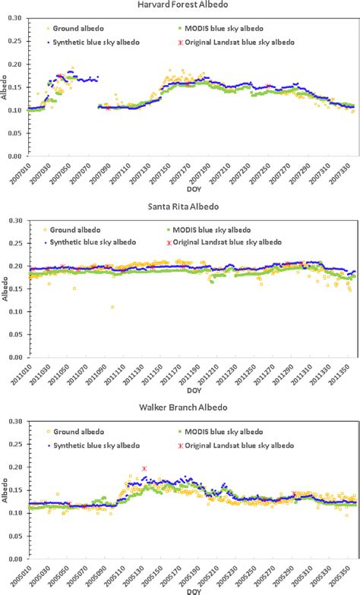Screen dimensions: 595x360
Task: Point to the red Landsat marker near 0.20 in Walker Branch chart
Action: [x=144, y=469]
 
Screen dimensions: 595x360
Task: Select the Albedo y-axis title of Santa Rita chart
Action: [x=5, y=289]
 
